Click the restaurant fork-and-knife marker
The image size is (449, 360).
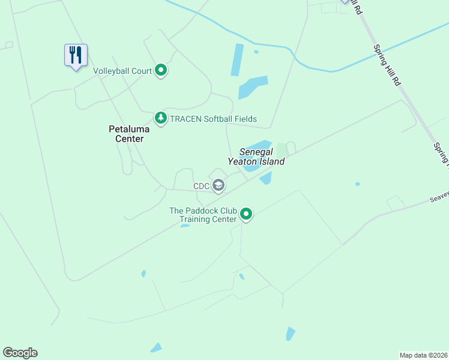76,55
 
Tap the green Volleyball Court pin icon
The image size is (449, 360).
161,71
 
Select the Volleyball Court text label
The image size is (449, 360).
122,71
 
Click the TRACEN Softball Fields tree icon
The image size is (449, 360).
160,118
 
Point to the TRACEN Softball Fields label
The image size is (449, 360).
213,119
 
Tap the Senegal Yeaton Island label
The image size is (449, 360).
256,157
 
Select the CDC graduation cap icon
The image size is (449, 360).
218,186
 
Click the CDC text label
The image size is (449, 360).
201,186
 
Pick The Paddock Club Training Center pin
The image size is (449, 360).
246,214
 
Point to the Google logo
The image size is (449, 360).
20,353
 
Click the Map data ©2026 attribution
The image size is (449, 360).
423,355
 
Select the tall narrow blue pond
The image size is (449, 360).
238,59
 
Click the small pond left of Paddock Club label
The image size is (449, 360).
184,226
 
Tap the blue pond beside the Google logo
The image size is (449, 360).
156,347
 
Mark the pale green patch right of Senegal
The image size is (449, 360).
281,149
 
